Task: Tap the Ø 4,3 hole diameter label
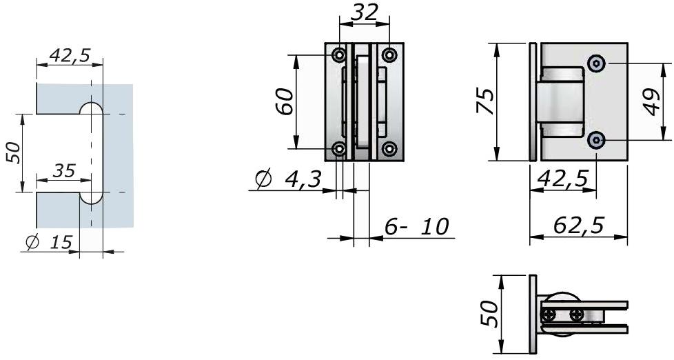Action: (x=289, y=181)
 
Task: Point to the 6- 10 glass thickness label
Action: (x=416, y=226)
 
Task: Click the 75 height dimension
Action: (x=486, y=101)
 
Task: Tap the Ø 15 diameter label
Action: (x=50, y=242)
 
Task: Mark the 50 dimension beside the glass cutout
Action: (x=12, y=153)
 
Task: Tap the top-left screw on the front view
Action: (x=339, y=54)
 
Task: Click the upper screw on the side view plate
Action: (x=597, y=63)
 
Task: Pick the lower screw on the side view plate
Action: (x=597, y=140)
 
